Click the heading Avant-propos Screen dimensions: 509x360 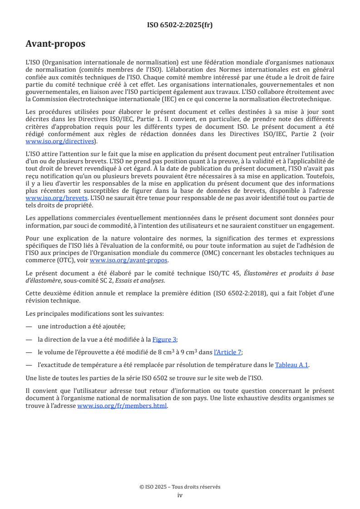click(x=55, y=44)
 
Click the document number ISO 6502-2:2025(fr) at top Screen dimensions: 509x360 click(x=180, y=25)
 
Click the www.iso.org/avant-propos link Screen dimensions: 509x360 click(x=129, y=260)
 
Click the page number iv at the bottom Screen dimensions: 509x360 click(x=180, y=495)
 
